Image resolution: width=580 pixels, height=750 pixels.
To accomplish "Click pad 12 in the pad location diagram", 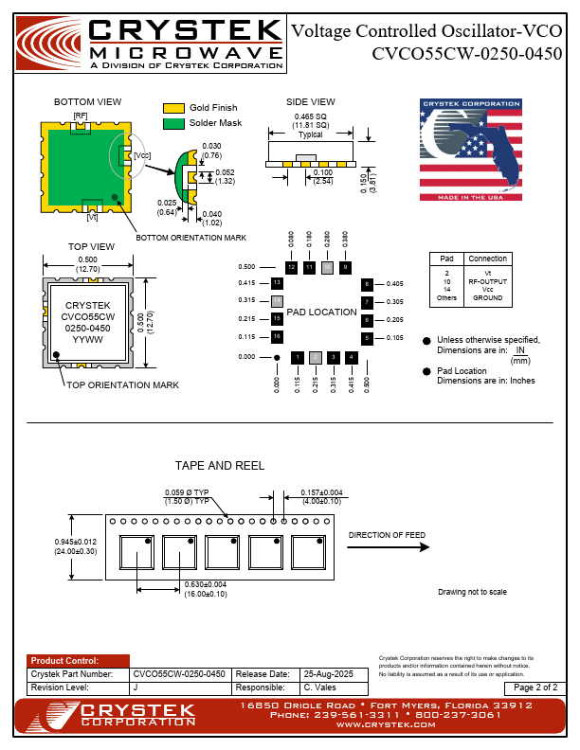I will (x=291, y=268).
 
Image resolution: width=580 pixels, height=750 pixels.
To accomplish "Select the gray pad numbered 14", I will (x=277, y=300).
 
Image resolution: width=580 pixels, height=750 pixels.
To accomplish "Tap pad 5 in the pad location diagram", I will (x=367, y=338).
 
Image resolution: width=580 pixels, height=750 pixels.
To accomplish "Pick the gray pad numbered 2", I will (x=315, y=357).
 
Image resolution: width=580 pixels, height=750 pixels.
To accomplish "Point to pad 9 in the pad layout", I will (x=345, y=268).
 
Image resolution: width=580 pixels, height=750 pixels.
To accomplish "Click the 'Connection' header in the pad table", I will (x=488, y=259).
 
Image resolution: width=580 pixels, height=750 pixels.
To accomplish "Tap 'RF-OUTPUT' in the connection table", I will (x=488, y=281).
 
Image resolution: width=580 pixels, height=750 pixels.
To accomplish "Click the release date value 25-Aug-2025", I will (x=327, y=673).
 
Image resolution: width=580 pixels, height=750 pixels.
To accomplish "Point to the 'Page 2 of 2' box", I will (x=536, y=687).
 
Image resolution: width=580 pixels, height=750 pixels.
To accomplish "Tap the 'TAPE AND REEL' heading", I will (x=220, y=466).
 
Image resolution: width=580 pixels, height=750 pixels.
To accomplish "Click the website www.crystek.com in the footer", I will (x=384, y=723).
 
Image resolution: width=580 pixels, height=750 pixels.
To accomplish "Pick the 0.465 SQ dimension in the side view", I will (x=311, y=116).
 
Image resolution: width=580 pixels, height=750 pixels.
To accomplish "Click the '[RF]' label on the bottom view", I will (x=81, y=116).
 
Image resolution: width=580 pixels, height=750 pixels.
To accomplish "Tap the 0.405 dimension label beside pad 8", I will (x=395, y=284).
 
